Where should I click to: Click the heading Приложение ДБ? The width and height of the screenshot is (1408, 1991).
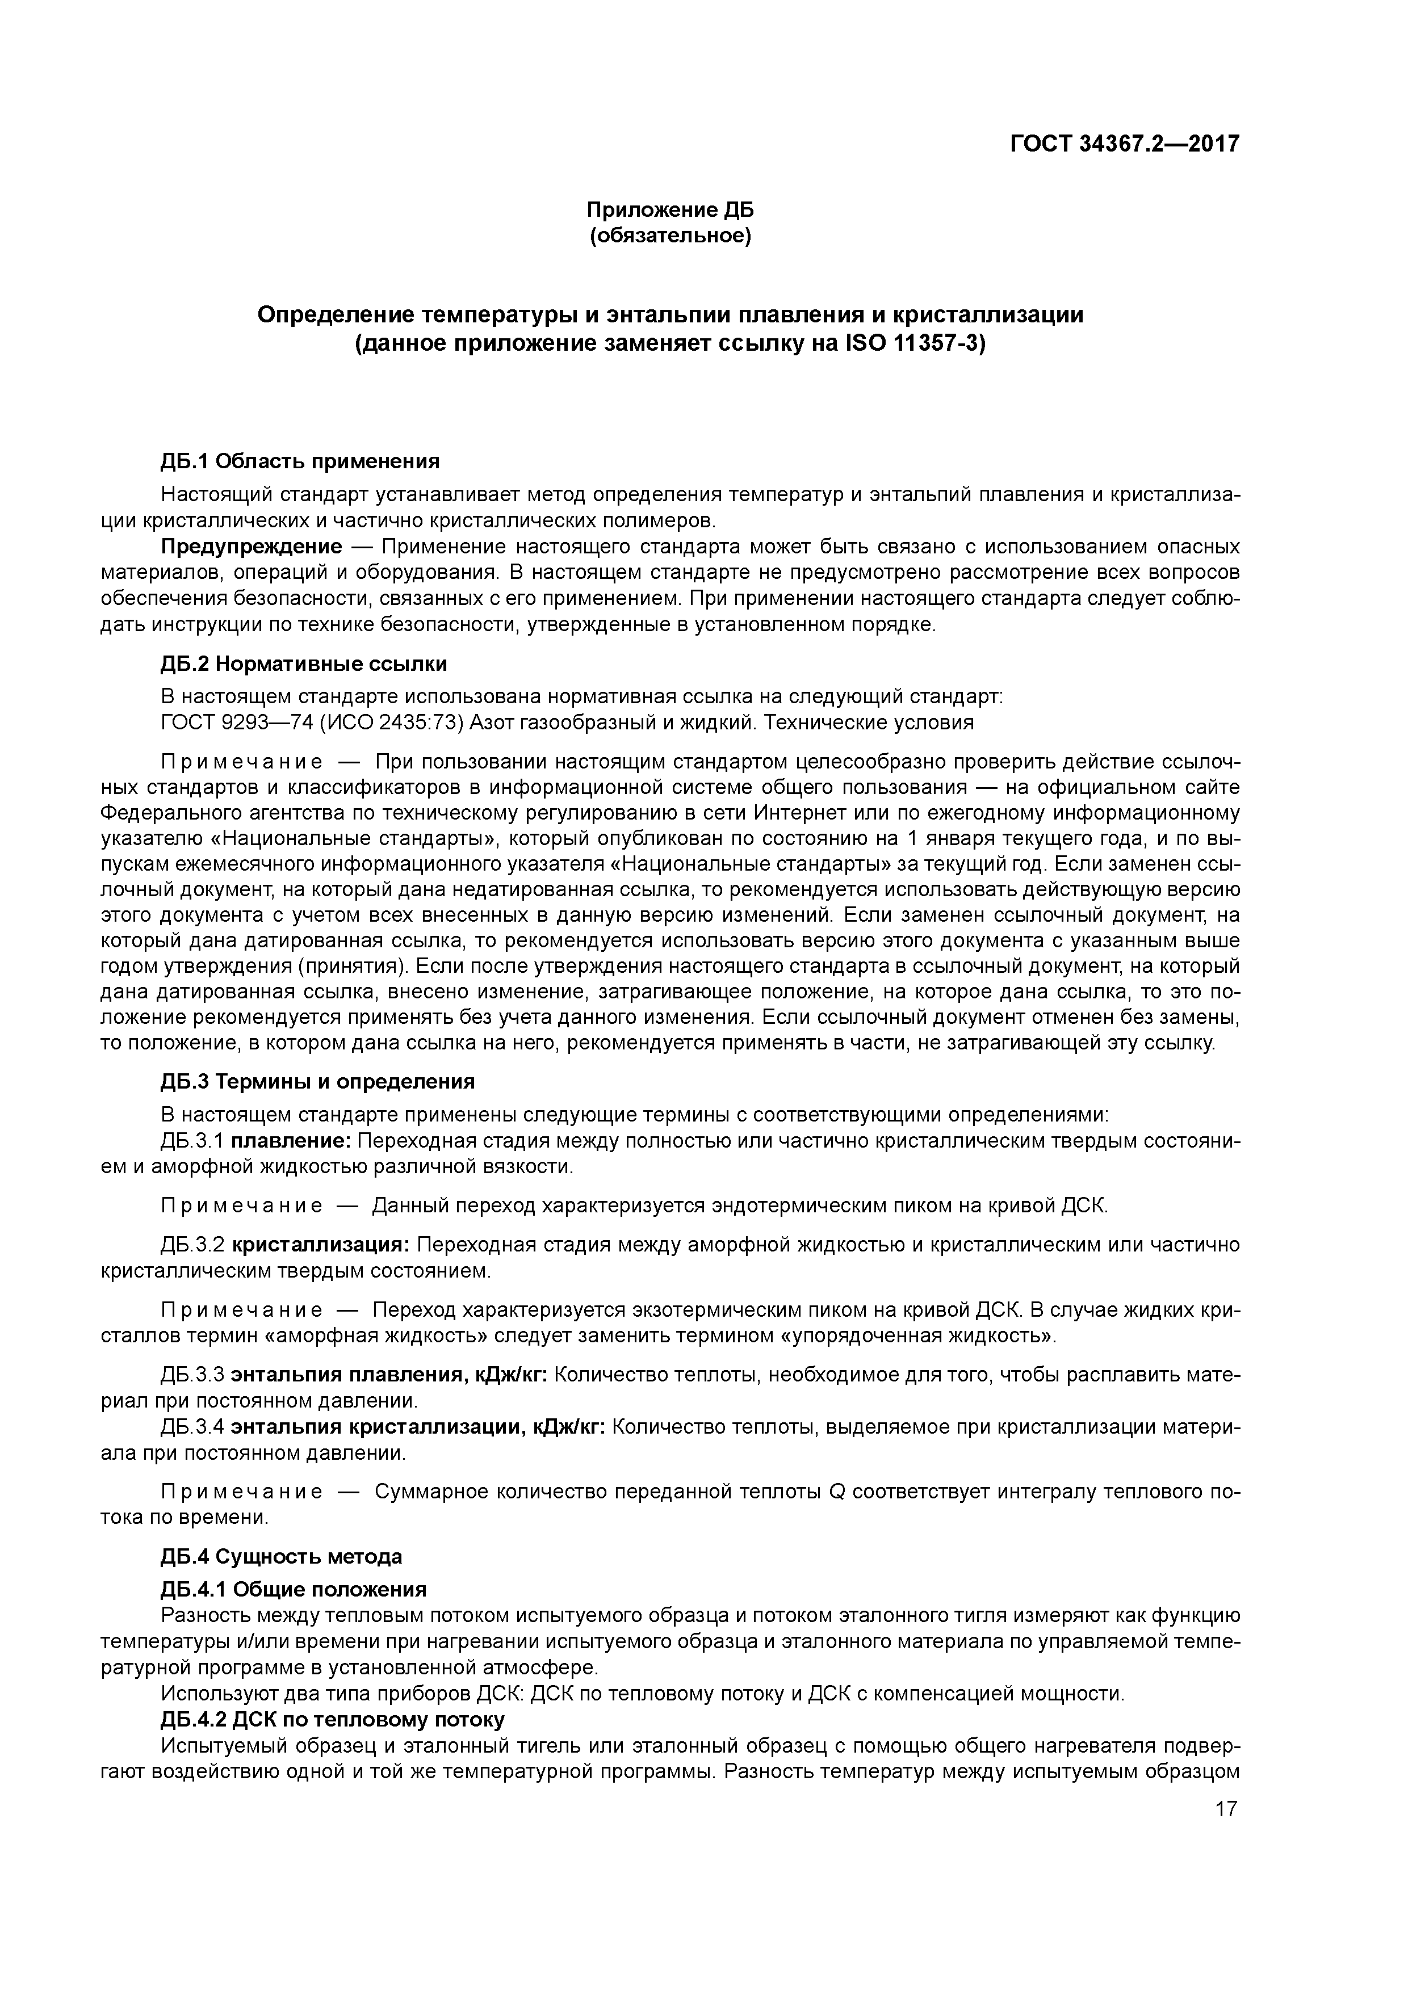point(670,210)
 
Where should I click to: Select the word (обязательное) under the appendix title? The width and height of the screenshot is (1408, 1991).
point(670,236)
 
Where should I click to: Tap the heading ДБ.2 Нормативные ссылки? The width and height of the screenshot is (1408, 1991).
point(304,664)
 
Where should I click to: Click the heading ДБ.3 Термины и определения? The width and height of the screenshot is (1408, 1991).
point(317,1081)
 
